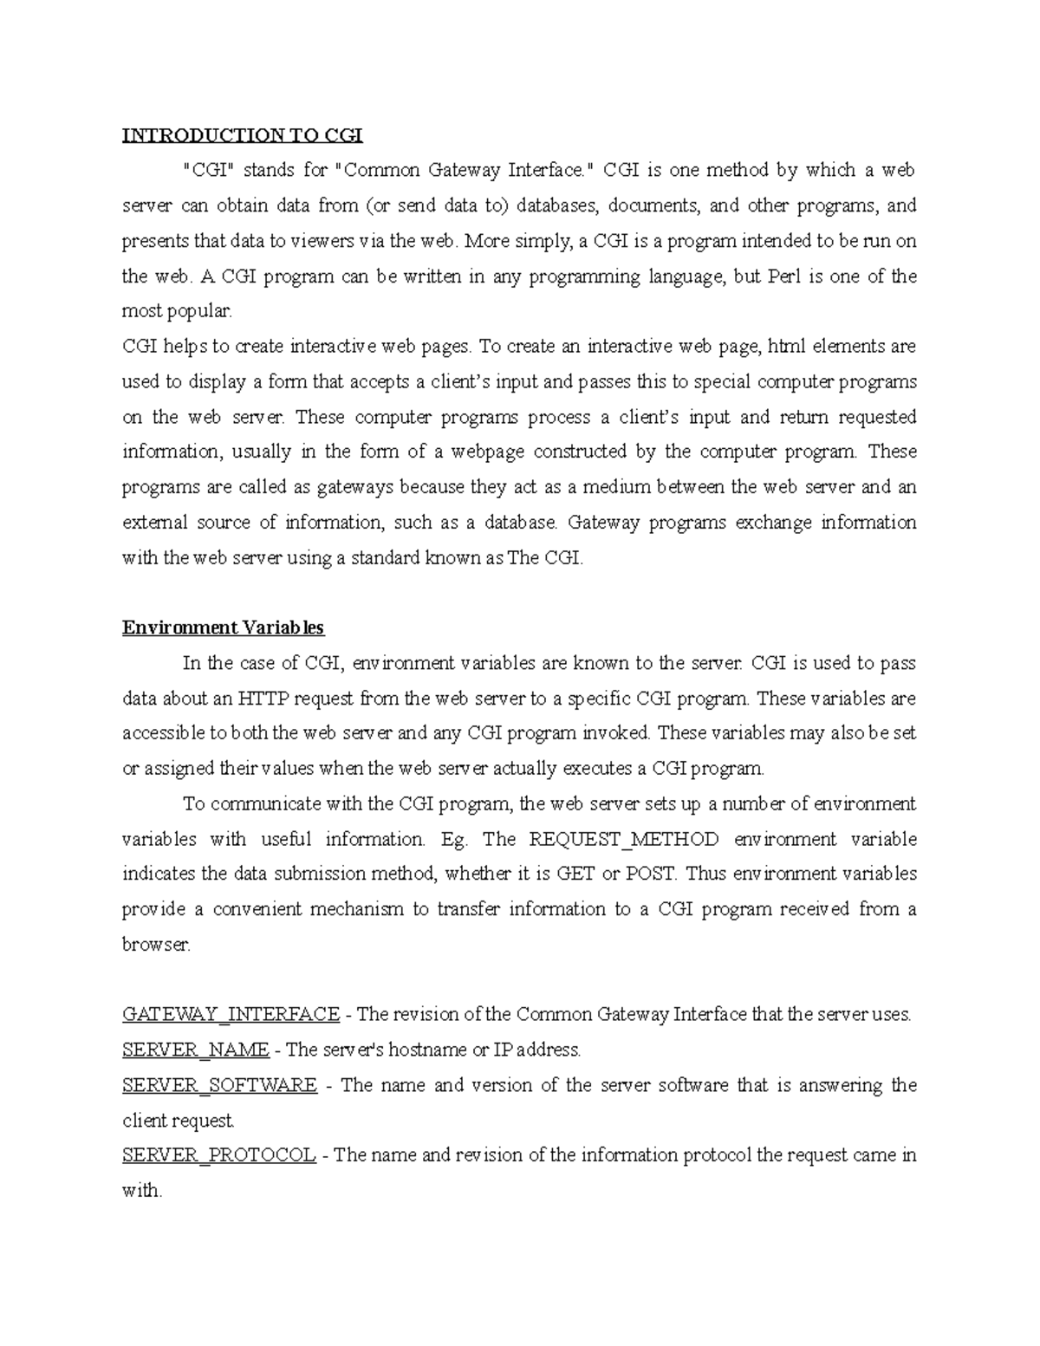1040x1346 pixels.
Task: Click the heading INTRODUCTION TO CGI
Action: tap(242, 135)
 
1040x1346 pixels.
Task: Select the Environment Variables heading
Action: tap(223, 627)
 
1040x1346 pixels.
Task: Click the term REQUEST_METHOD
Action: tap(623, 839)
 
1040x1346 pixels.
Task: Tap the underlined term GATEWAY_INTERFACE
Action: tap(231, 1014)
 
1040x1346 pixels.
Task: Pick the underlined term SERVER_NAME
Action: tap(195, 1050)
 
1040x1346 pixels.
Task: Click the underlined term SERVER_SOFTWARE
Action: tap(219, 1085)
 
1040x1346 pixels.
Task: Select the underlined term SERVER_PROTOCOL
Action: tap(218, 1155)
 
